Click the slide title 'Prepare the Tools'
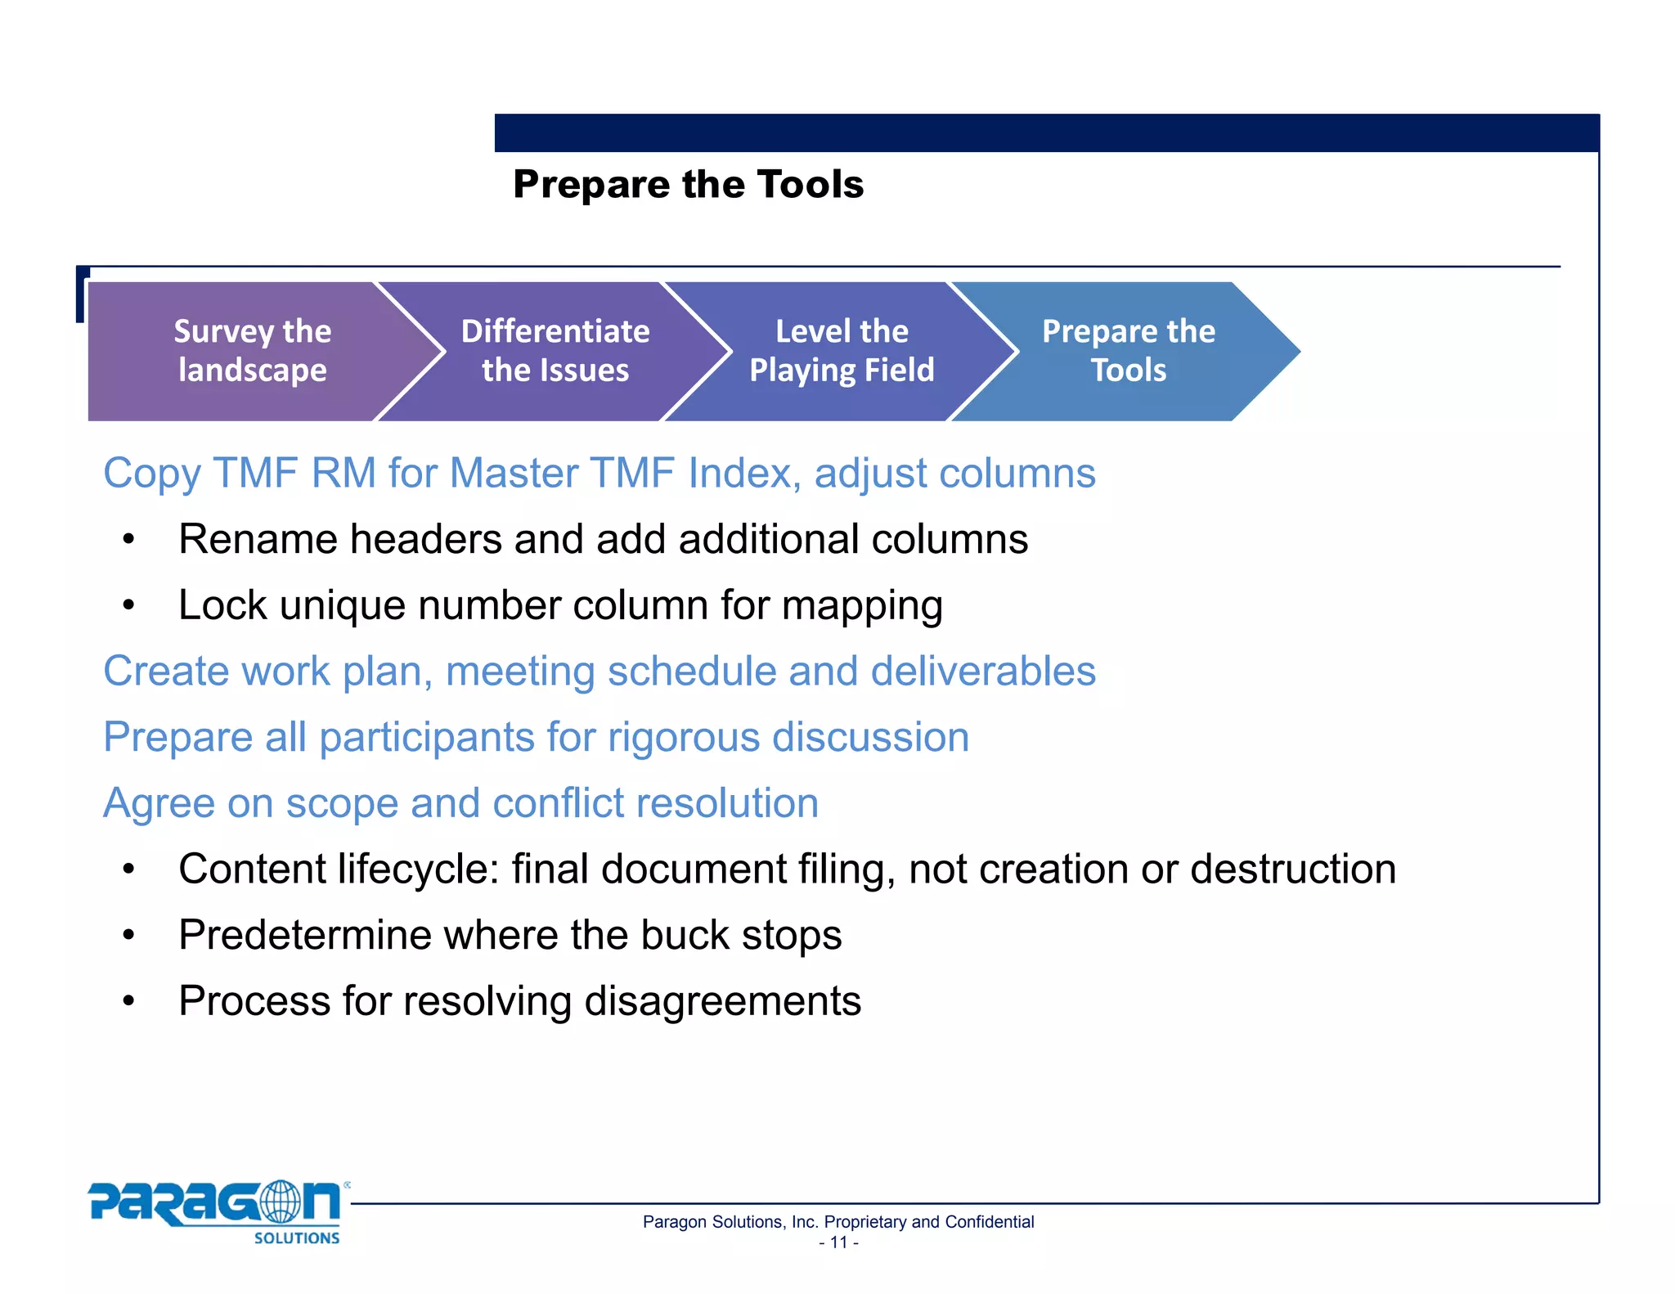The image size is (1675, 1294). click(x=688, y=184)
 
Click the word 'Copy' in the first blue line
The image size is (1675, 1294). click(x=152, y=474)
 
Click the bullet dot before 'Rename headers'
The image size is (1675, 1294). click(x=128, y=540)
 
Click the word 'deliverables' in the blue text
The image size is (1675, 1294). click(x=982, y=671)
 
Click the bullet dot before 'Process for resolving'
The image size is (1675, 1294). click(x=128, y=1001)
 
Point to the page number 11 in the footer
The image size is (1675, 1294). click(x=838, y=1242)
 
